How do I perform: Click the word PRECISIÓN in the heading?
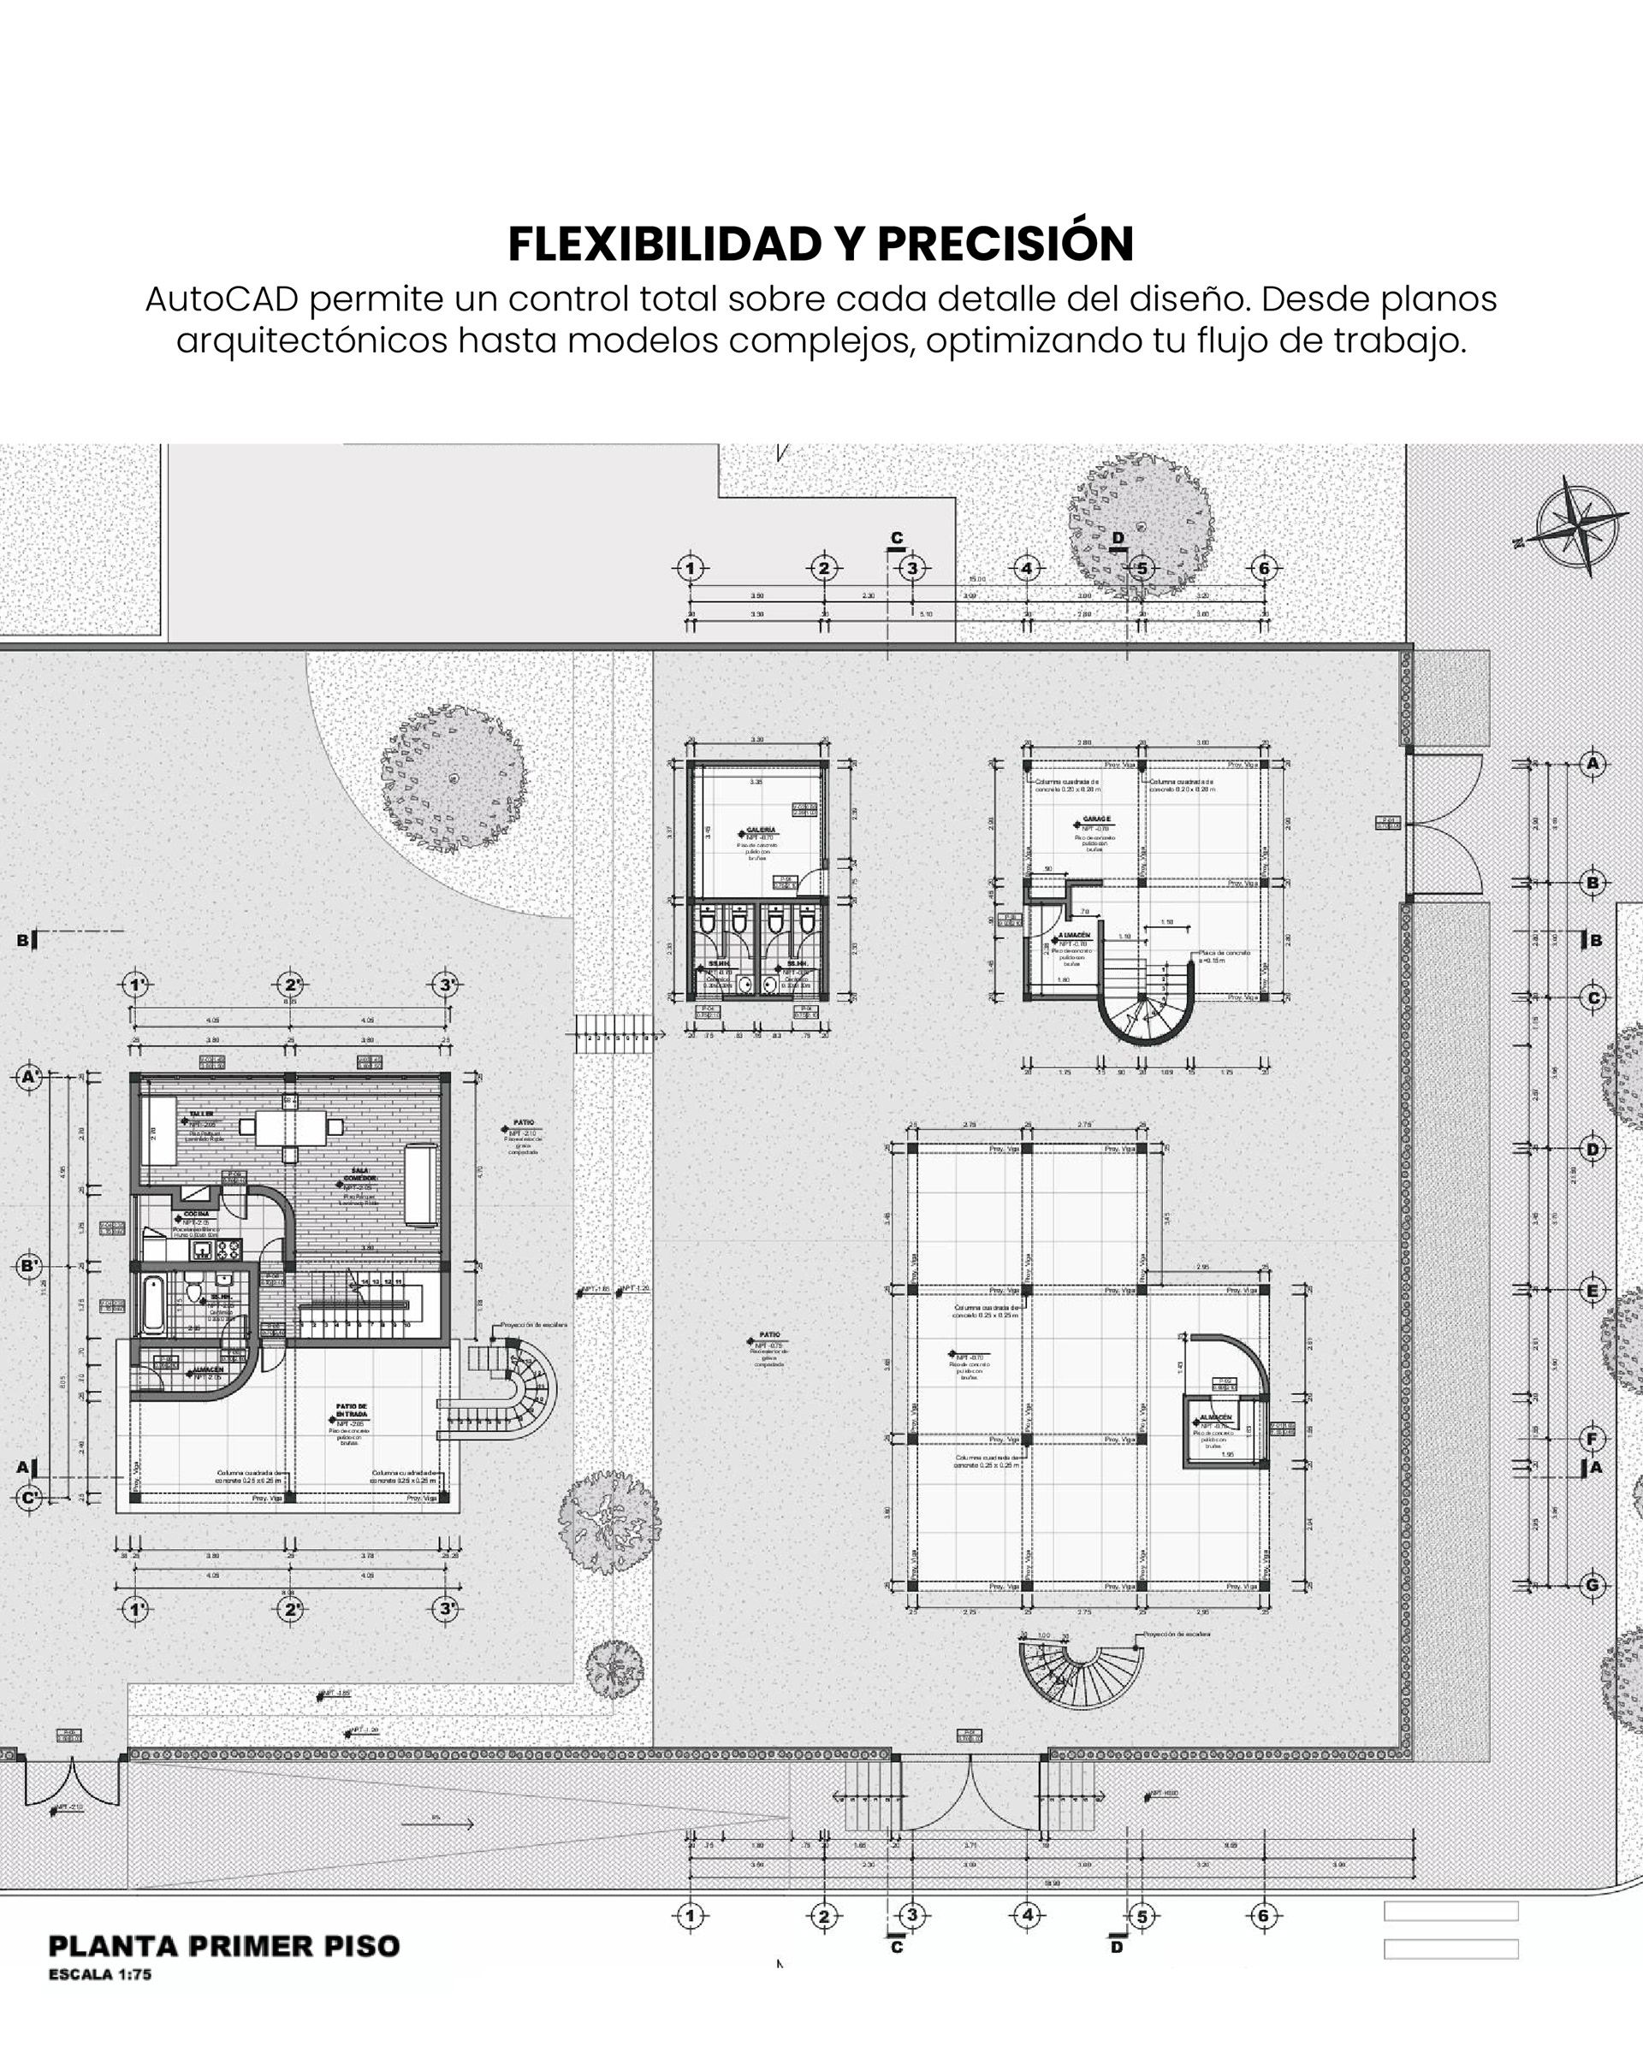(x=1005, y=244)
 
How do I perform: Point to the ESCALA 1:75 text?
(x=100, y=1974)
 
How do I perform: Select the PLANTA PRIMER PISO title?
(x=223, y=1946)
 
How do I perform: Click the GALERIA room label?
(x=761, y=830)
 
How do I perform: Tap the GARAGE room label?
(x=1095, y=819)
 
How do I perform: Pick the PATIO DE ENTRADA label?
(x=351, y=1410)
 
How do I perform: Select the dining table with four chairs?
(x=290, y=1128)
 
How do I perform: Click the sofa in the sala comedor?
(x=420, y=1185)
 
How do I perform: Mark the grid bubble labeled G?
(x=1593, y=1586)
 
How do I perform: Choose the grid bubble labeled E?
(x=1592, y=1291)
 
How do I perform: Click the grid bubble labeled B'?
(x=29, y=1266)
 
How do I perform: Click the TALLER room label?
(x=201, y=1114)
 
